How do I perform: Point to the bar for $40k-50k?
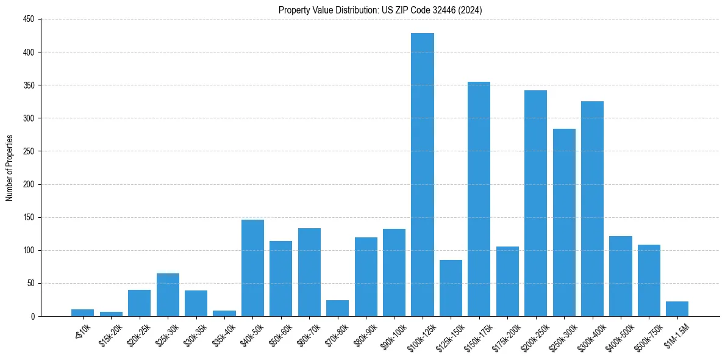(x=252, y=268)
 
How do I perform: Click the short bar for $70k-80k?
(x=337, y=308)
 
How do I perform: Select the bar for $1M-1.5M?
(x=677, y=309)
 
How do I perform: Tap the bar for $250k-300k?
(x=564, y=222)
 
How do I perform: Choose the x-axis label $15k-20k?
(x=110, y=333)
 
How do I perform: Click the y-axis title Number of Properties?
(x=9, y=168)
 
